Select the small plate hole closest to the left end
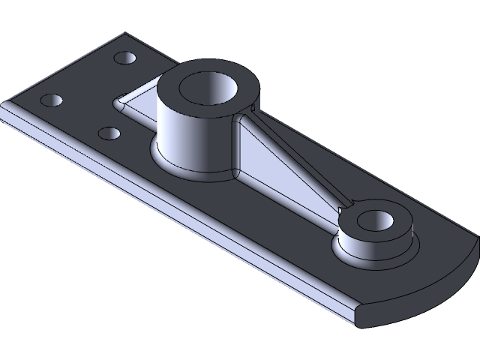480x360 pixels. pyautogui.click(x=52, y=100)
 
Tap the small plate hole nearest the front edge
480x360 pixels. pyautogui.click(x=109, y=133)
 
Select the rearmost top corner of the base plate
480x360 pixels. pyautogui.click(x=125, y=32)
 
